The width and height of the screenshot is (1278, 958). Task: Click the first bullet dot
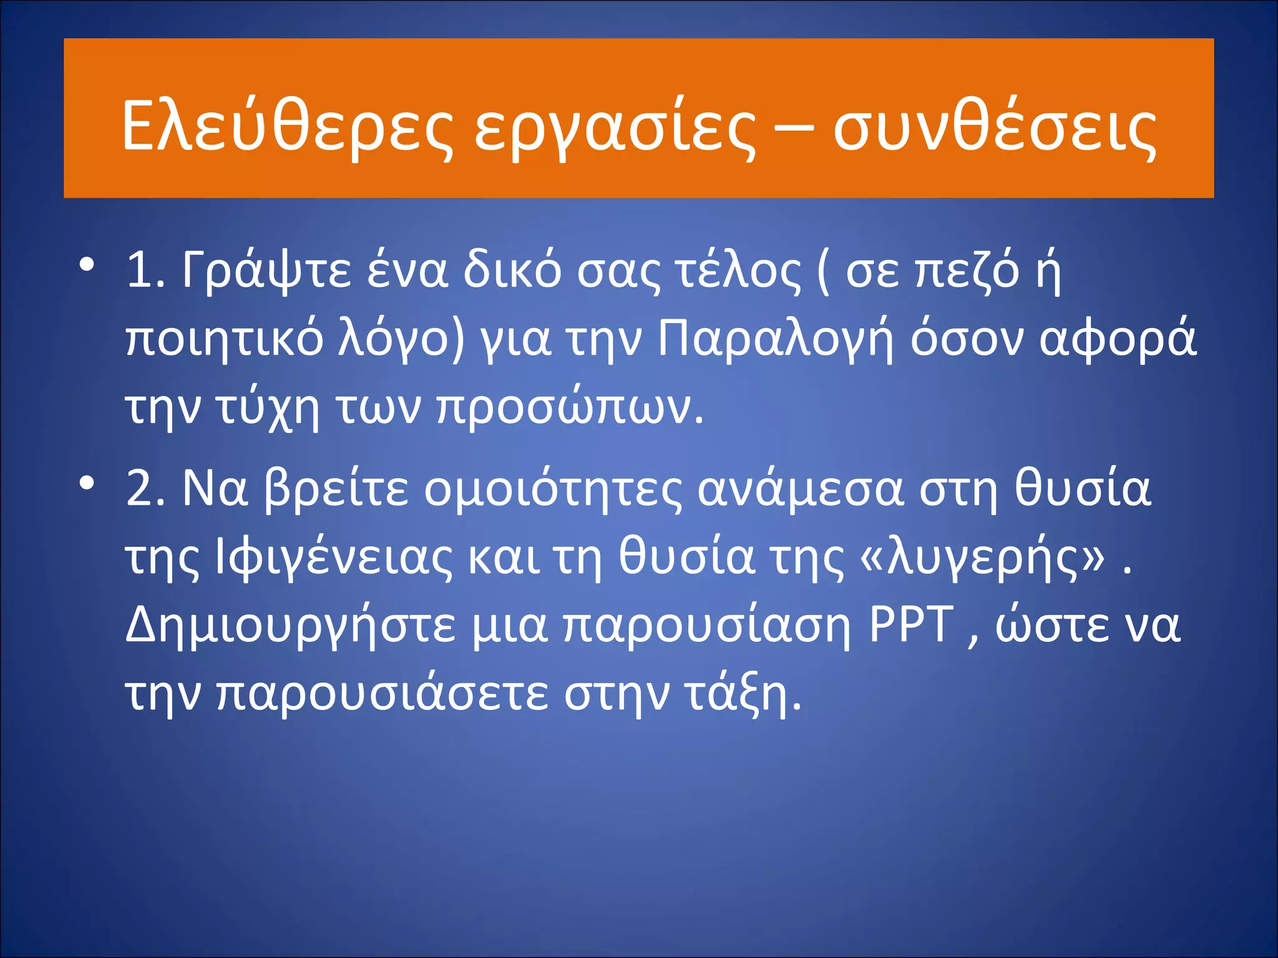coord(87,265)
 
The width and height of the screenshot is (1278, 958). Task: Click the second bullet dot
coord(87,482)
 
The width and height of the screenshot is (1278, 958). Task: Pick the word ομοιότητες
coord(553,489)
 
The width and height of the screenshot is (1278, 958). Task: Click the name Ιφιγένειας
coord(333,558)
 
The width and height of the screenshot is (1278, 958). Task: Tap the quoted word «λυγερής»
coord(982,558)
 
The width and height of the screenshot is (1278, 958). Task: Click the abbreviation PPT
coord(912,625)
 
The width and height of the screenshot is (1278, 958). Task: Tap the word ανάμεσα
coord(801,489)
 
